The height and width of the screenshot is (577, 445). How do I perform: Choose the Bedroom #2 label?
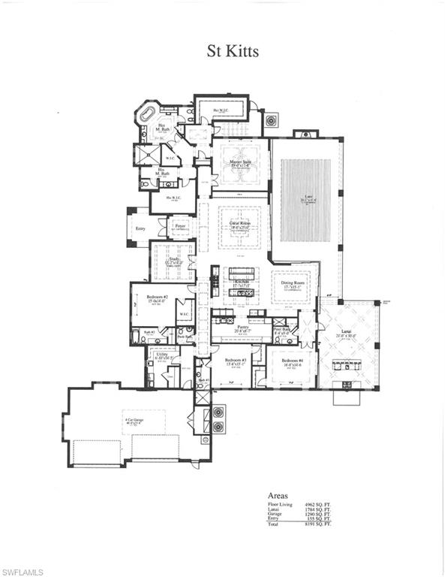click(155, 299)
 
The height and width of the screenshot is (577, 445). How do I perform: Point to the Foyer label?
click(180, 225)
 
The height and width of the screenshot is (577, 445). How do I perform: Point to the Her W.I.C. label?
click(222, 110)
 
